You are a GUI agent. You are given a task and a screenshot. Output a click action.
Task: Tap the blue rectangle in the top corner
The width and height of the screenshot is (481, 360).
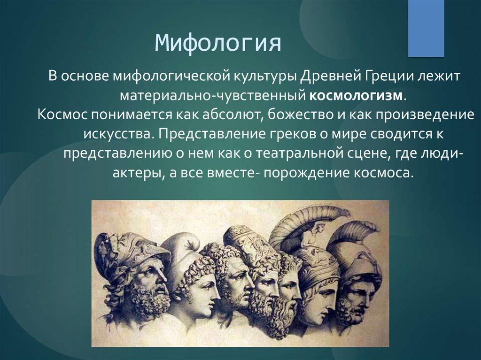426,28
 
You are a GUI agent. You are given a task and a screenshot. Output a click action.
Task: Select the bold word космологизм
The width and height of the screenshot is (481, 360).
356,95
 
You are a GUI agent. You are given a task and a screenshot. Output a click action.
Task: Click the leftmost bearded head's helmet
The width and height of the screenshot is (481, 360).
132,249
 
